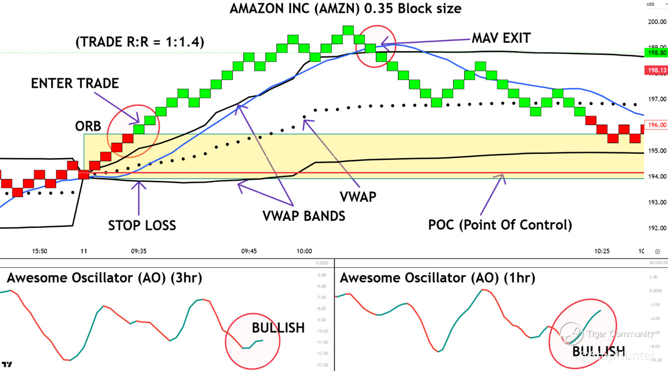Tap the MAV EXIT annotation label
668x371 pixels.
[501, 38]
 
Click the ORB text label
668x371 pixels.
[88, 126]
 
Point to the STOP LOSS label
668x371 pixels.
[142, 225]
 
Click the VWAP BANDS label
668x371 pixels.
[304, 216]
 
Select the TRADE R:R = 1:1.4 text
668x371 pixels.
[140, 42]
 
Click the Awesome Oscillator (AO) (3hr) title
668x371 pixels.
[104, 278]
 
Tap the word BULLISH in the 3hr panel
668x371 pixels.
[278, 328]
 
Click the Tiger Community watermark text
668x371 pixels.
[620, 334]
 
